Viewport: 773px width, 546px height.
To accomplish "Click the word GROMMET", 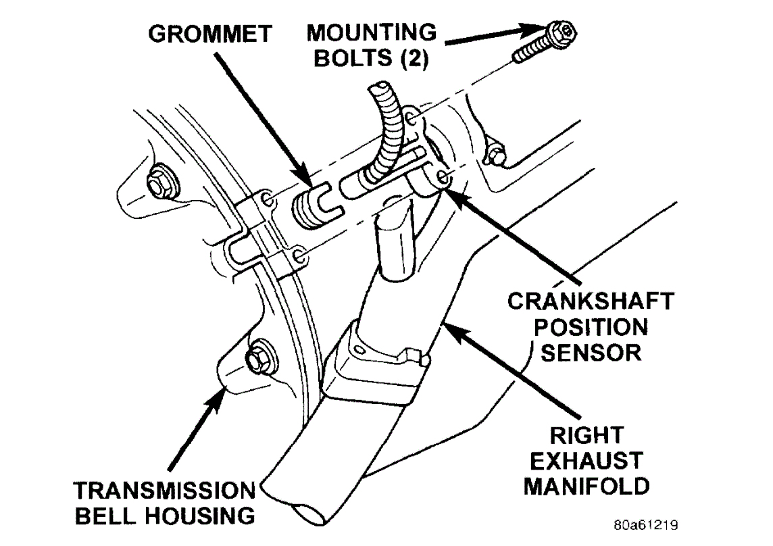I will [210, 34].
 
